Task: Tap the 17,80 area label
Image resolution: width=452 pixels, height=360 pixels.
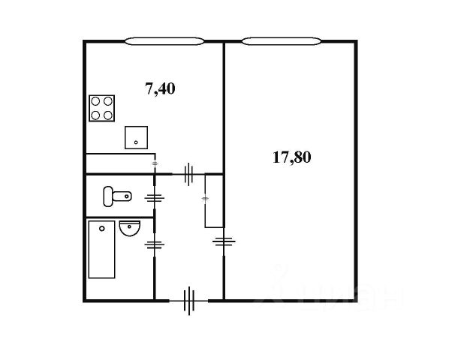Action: (x=291, y=157)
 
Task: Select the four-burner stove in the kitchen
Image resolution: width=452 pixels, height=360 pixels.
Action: (x=102, y=109)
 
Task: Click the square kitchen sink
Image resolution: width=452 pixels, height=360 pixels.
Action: (x=136, y=137)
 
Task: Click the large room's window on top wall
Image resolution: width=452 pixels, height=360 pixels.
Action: (x=282, y=40)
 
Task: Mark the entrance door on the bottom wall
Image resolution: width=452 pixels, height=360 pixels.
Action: (x=189, y=301)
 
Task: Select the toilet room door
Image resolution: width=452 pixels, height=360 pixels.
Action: (x=155, y=198)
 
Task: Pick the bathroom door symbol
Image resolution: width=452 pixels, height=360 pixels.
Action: (x=155, y=244)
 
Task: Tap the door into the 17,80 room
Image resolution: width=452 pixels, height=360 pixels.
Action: (x=223, y=241)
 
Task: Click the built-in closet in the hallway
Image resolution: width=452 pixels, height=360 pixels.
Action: (x=213, y=200)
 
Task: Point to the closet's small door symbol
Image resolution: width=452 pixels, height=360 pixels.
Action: (x=205, y=199)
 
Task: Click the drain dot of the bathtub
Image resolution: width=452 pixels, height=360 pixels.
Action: (x=101, y=228)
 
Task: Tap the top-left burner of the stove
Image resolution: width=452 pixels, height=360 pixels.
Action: (x=96, y=103)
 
